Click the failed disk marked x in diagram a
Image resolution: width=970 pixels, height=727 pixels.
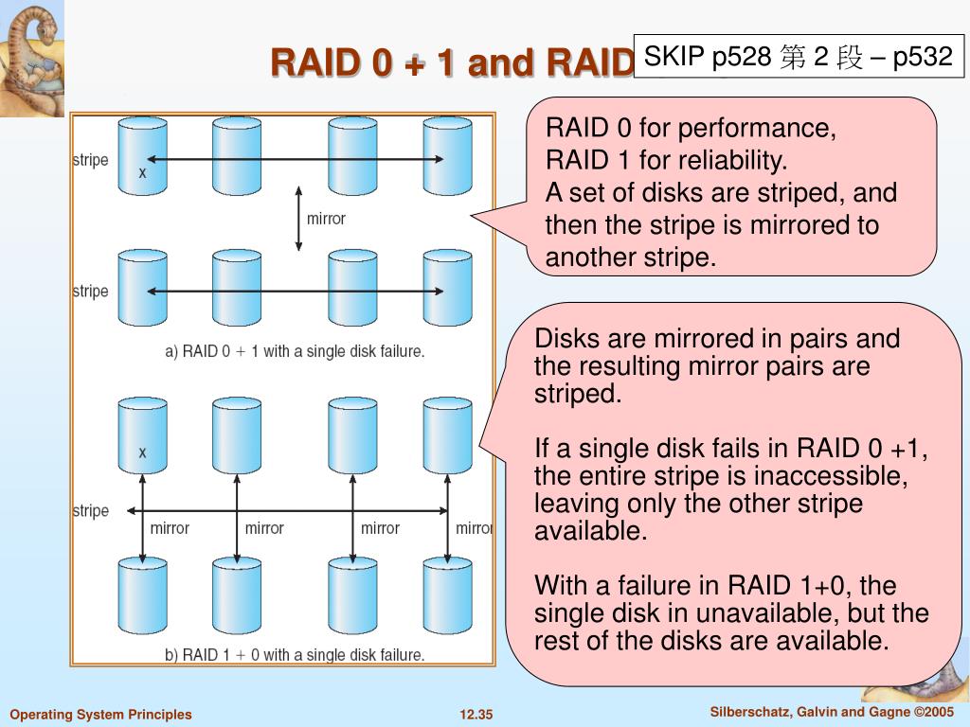click(142, 156)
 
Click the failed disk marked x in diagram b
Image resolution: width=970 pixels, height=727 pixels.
click(142, 435)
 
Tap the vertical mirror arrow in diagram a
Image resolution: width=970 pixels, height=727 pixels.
click(298, 219)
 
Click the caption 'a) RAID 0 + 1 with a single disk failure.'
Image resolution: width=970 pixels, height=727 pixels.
click(295, 352)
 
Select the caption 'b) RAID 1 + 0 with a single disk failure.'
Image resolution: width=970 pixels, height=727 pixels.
click(295, 655)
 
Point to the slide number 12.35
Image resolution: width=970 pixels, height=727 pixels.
click(476, 715)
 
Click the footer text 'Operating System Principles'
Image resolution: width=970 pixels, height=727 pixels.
click(100, 715)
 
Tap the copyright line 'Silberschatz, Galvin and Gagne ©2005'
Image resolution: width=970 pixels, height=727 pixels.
click(832, 712)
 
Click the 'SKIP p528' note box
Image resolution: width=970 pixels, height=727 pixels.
click(799, 56)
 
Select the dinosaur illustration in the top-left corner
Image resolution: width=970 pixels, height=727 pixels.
click(32, 58)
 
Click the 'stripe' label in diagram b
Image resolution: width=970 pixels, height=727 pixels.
click(90, 511)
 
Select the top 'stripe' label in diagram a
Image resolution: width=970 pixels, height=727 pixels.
click(90, 160)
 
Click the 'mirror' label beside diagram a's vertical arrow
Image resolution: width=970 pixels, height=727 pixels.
click(326, 219)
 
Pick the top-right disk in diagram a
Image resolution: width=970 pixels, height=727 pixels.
click(447, 156)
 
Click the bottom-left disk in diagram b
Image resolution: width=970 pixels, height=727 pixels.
click(142, 595)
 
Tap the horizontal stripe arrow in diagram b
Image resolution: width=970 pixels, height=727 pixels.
click(287, 510)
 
